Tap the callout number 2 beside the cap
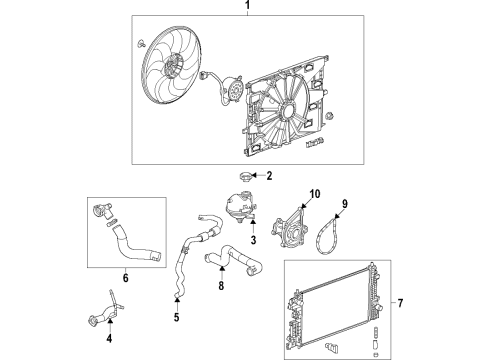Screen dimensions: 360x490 coord(270,176)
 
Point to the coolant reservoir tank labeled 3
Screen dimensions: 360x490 coord(240,214)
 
